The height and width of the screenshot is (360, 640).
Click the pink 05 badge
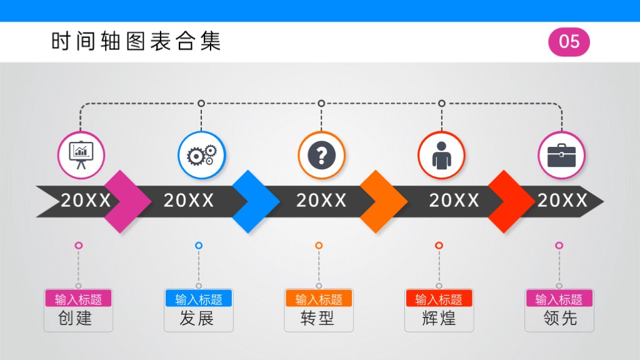pyautogui.click(x=569, y=42)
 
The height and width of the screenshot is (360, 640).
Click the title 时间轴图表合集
pyautogui.click(x=136, y=41)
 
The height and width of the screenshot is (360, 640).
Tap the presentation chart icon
pyautogui.click(x=81, y=155)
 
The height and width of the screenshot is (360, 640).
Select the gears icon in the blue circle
pyautogui.click(x=202, y=155)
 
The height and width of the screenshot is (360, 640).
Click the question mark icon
pyautogui.click(x=322, y=156)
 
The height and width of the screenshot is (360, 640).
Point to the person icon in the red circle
pyautogui.click(x=442, y=156)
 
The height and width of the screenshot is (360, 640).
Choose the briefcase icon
pyautogui.click(x=562, y=155)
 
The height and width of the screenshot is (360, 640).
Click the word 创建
pyautogui.click(x=75, y=318)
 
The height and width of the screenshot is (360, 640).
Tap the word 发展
pyautogui.click(x=197, y=318)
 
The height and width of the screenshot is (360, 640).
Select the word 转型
pyautogui.click(x=317, y=318)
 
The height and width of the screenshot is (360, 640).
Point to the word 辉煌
pyautogui.click(x=439, y=318)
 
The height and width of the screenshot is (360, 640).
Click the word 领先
pyautogui.click(x=560, y=318)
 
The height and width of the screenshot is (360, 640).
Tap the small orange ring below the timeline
pyautogui.click(x=319, y=245)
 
